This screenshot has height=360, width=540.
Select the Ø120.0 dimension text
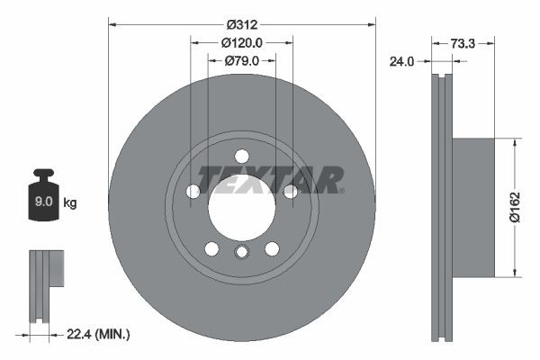click(x=241, y=42)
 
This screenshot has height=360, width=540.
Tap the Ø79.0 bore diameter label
click(x=241, y=60)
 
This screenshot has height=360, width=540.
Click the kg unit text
click(x=69, y=203)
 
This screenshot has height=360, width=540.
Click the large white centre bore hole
click(x=241, y=208)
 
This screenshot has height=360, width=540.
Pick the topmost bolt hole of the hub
click(x=241, y=156)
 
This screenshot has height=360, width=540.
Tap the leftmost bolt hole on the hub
click(x=193, y=191)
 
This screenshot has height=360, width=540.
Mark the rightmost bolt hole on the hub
click(x=290, y=191)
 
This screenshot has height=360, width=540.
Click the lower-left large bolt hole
click(x=211, y=248)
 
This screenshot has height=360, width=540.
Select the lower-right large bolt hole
click(x=271, y=248)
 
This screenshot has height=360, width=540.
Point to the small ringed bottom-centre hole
click(x=241, y=251)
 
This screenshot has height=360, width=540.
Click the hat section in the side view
click(x=472, y=207)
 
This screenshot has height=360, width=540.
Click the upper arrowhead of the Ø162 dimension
click(x=514, y=142)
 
